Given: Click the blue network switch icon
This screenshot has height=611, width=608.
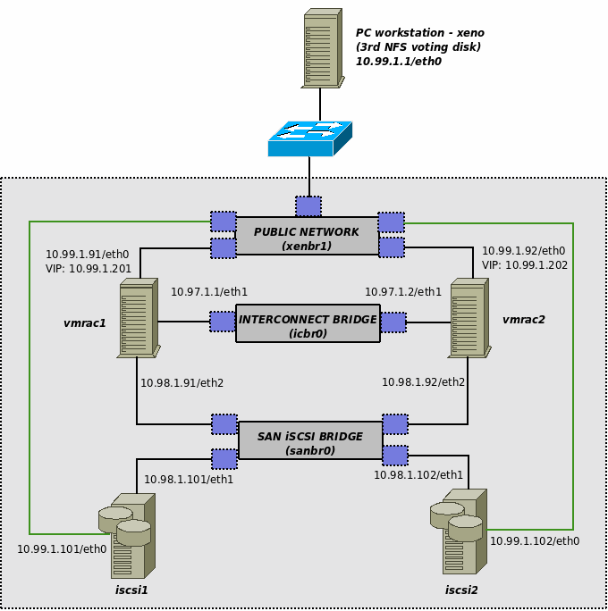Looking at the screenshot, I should coord(309,138).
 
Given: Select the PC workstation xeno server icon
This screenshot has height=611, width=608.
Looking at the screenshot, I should coord(322,48).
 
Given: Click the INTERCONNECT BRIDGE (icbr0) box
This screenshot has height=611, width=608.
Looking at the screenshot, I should coord(308,323).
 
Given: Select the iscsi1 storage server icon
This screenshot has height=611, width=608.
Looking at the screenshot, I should coord(126,535).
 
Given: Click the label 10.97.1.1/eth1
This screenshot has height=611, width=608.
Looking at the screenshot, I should coord(209,292).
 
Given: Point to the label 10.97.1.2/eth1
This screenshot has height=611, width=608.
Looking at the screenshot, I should coord(403,292).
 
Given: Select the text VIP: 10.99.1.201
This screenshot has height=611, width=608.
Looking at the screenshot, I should coord(89,268).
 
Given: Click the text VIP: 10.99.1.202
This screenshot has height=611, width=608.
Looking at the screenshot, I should coord(524,265).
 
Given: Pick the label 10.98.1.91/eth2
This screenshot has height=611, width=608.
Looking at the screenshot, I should coord(182,383).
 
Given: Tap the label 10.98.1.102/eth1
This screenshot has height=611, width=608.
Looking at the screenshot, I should coord(418,474).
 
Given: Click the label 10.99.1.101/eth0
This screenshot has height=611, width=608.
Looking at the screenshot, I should coord(62,549).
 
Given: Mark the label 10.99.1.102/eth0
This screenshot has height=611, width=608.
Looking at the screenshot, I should coord(535,540).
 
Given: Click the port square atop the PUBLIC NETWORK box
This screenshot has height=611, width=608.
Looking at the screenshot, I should coord(308,206).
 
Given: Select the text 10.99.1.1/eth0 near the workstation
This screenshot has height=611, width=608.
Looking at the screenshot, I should coord(399,62).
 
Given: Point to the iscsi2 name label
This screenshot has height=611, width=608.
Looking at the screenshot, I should coord(461,590).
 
